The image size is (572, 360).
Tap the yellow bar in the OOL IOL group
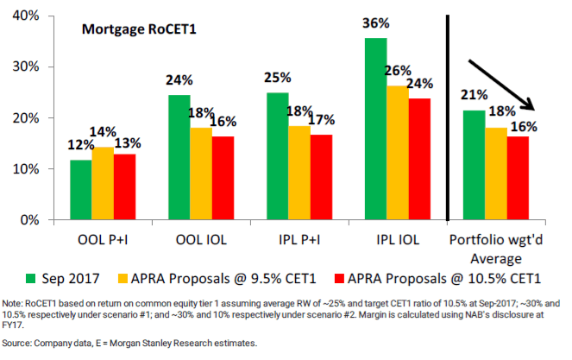(201, 174)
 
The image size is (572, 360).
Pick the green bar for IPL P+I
(278, 156)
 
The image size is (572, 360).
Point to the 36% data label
(375, 26)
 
